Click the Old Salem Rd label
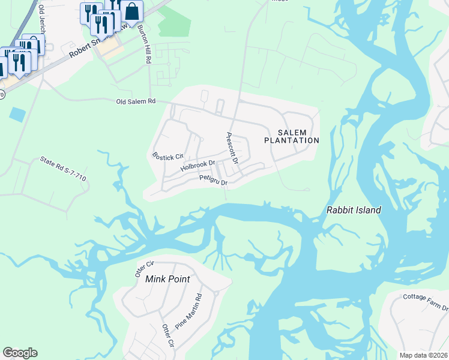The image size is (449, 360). coord(136,102)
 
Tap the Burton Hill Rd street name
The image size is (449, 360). coord(144,45)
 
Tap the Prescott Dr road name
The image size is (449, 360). coord(232,149)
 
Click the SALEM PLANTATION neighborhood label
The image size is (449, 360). coord(292,136)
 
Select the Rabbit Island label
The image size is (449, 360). coord(354,211)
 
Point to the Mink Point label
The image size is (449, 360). coord(168,279)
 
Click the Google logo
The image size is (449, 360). coord(20,353)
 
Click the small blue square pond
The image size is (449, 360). coord(18,114)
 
